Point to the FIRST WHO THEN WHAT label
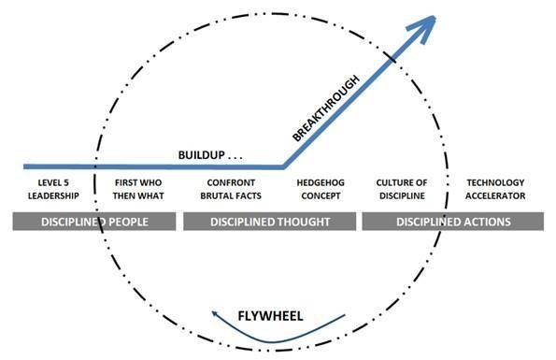[x=133, y=189]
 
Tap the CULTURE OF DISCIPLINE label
[x=402, y=189]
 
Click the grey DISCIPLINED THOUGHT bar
[x=269, y=222]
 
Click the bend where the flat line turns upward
[x=283, y=166]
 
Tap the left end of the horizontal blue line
[x=4, y=166]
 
